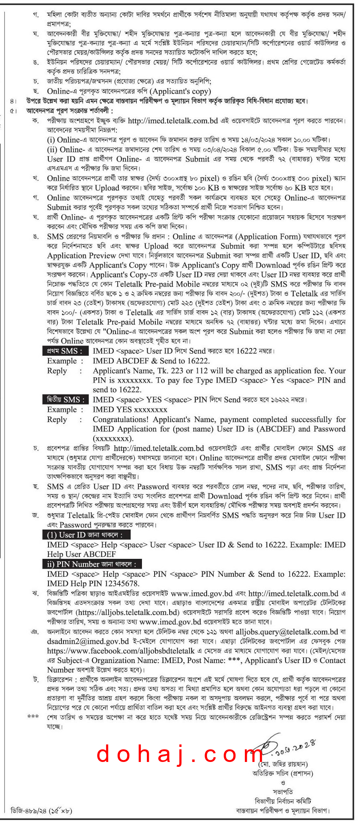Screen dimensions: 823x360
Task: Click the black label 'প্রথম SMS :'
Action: (x=64, y=351)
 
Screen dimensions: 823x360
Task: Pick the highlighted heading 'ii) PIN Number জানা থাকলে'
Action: (x=92, y=564)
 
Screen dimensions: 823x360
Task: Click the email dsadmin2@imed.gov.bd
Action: (x=88, y=641)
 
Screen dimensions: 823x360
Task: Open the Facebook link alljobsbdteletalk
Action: (x=121, y=651)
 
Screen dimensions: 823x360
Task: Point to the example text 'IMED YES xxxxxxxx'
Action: (x=130, y=409)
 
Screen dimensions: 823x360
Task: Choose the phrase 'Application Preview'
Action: (x=81, y=256)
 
